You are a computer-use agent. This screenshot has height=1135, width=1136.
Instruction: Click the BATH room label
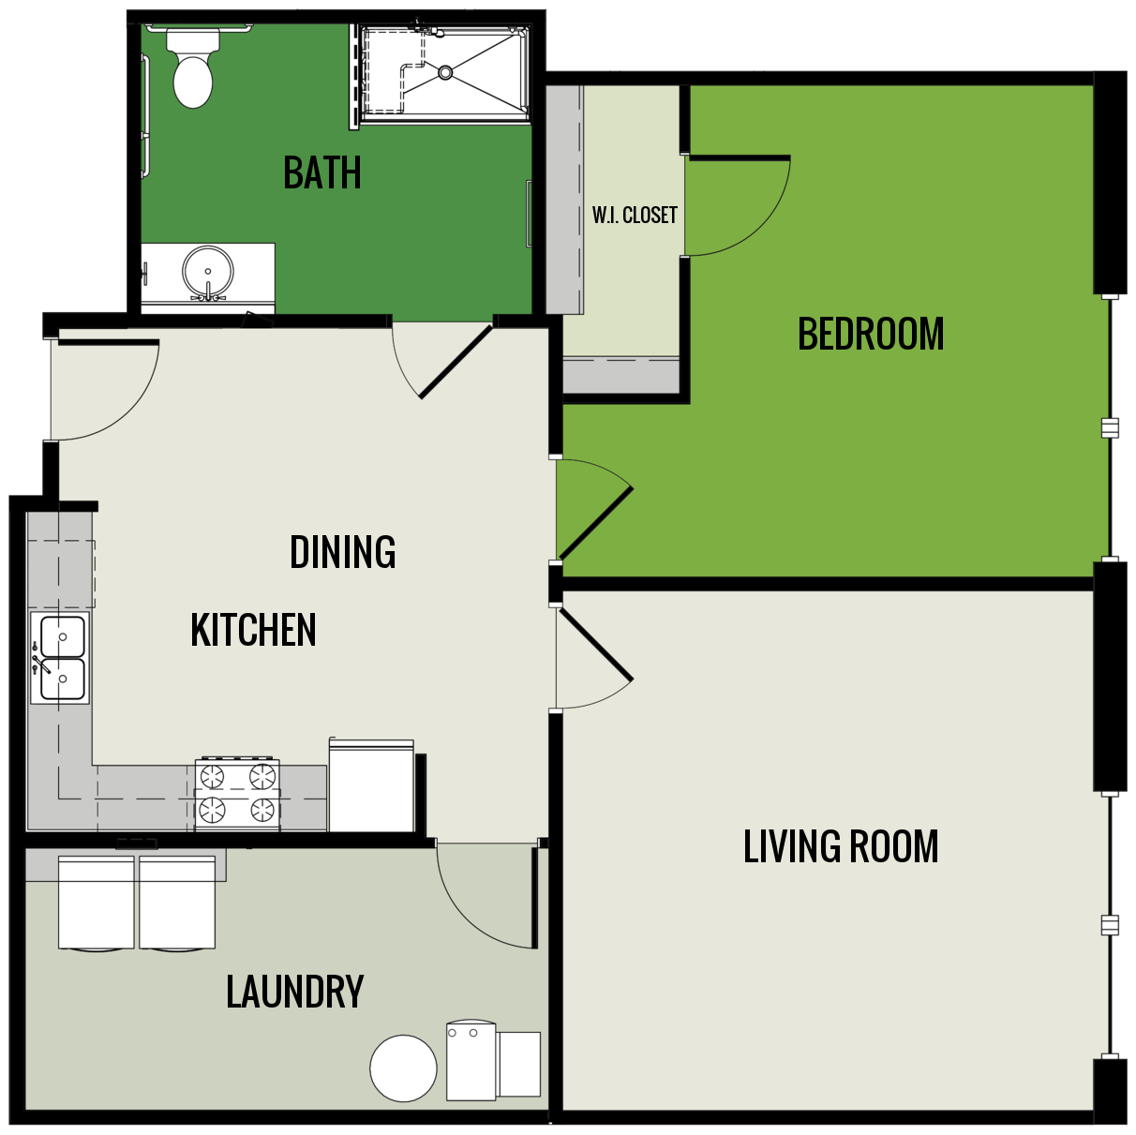tap(321, 173)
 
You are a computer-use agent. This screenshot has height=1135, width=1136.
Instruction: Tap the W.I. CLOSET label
tap(634, 216)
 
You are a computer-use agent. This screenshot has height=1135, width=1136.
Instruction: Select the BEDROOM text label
tap(870, 335)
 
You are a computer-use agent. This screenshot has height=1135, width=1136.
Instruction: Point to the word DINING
tap(342, 552)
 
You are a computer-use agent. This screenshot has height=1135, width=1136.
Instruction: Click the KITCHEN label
tap(253, 630)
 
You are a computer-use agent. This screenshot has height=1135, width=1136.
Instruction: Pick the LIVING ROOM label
tap(840, 847)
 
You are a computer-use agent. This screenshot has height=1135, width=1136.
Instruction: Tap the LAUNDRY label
tap(294, 993)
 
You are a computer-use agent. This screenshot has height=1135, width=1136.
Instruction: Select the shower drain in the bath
tap(445, 72)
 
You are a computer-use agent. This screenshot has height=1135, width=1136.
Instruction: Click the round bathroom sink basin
tap(207, 272)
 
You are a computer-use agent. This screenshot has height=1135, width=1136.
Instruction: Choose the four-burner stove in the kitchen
tap(237, 795)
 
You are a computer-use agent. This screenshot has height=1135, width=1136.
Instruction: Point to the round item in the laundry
tap(403, 1068)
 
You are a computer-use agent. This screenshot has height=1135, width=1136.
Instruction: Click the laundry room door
tap(487, 895)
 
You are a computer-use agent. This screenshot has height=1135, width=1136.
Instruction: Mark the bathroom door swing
tap(441, 361)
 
